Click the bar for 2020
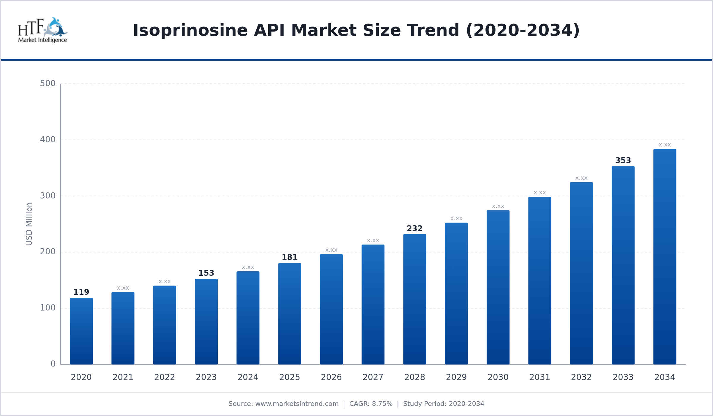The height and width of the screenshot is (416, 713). [81, 331]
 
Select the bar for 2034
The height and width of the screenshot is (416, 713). [665, 257]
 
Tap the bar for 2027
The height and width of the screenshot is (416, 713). [373, 304]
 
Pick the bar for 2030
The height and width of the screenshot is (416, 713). [498, 287]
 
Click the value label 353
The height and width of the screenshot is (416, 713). [623, 160]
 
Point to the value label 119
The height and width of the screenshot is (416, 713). [81, 292]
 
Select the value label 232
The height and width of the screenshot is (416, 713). [414, 229]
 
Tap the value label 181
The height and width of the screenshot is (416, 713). [290, 257]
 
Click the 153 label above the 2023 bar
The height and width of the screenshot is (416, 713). [206, 273]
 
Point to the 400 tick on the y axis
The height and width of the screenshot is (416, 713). [48, 139]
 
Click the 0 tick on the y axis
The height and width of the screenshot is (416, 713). [53, 364]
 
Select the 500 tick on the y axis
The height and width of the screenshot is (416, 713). [48, 83]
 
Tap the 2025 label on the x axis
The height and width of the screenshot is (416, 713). [290, 377]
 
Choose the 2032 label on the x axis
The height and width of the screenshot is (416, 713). [581, 377]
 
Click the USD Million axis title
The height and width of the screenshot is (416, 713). [29, 224]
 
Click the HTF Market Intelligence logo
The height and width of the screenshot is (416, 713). [42, 30]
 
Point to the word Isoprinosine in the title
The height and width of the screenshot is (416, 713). [190, 30]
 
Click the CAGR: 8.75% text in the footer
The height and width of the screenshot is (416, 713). [371, 404]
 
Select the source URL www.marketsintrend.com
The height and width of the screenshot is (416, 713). [297, 404]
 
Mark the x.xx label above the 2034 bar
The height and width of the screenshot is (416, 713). [665, 145]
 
